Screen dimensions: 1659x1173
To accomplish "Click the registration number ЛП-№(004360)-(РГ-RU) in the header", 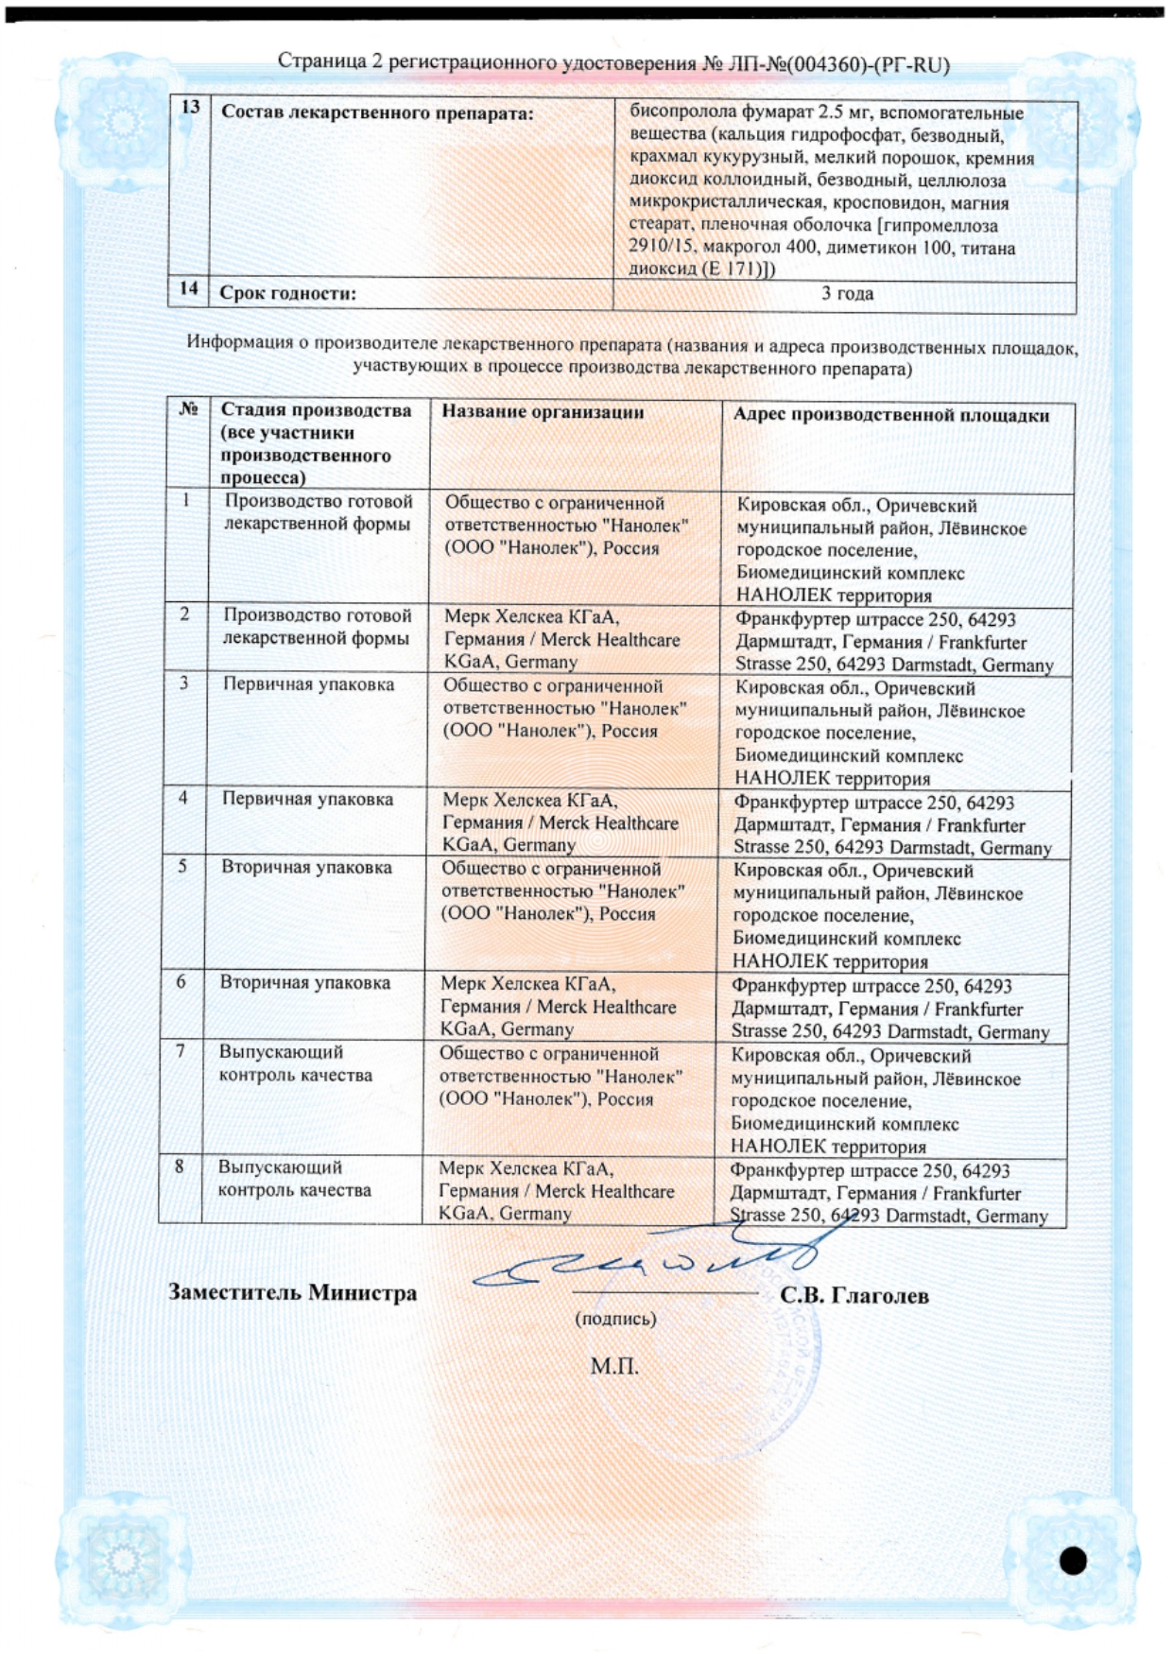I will [x=839, y=64].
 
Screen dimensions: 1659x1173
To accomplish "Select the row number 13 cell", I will [x=189, y=108].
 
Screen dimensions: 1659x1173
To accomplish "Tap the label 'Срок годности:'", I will [x=287, y=293].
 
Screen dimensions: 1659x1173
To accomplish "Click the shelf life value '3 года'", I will [x=846, y=293].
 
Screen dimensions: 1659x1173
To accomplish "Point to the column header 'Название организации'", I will [x=543, y=412].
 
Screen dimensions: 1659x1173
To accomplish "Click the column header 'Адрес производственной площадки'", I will [x=890, y=415].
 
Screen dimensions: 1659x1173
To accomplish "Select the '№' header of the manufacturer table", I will [x=188, y=409].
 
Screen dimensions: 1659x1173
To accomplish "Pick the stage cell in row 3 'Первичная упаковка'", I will [x=308, y=684].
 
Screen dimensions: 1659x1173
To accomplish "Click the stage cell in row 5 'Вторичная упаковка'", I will [x=306, y=867].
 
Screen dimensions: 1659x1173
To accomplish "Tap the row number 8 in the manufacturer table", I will [x=179, y=1166].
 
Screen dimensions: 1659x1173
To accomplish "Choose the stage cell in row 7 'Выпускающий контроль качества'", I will [x=295, y=1063].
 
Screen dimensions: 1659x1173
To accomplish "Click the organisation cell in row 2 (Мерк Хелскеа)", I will [x=561, y=639].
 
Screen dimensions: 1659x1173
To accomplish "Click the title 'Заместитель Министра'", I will [x=292, y=1292].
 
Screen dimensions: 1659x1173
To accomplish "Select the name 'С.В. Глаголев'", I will [x=854, y=1296].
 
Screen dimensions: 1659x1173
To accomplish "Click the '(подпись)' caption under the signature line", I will [x=615, y=1319].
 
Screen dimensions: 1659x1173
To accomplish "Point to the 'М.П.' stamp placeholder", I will [x=614, y=1366].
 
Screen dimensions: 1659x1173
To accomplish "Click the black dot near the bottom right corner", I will [x=1073, y=1561].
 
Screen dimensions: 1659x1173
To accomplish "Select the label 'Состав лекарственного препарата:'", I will [x=377, y=113].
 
